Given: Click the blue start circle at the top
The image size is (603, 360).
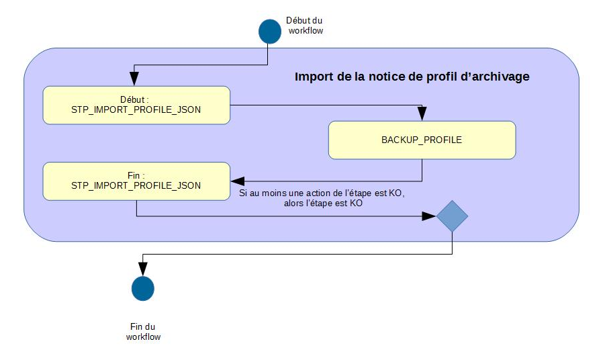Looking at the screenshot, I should point(270,31).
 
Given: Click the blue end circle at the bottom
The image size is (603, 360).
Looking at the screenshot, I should point(142,288).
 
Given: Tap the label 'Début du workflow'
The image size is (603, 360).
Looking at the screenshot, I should point(304,26).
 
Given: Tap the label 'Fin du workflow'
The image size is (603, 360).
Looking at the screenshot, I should point(143,331).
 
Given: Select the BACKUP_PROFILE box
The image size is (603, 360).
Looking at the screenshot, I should point(422,140).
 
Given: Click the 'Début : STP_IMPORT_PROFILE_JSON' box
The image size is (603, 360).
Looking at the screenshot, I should point(136,105).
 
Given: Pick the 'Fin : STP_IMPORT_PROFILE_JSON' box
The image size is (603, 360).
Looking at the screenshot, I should point(136,181).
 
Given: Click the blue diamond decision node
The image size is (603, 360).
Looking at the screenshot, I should point(452,216).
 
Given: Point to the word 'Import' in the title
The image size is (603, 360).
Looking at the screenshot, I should point(314,77).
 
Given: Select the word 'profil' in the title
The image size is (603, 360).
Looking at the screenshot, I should point(442,77).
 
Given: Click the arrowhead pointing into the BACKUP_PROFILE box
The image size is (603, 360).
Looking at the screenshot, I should point(422,116).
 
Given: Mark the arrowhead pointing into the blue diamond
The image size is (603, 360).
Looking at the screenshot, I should point(429,216).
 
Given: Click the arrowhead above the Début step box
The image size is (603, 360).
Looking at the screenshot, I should point(136,81).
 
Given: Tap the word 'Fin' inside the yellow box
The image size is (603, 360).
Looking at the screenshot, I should point(133,175).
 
